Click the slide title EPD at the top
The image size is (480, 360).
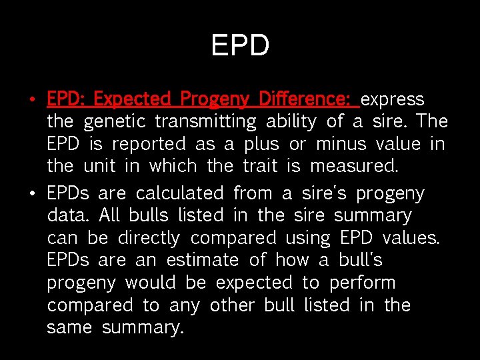[x=240, y=46]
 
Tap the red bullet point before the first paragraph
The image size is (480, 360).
[x=32, y=101]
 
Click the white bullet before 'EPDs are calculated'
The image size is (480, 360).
[x=32, y=195]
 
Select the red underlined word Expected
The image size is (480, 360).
[x=132, y=99]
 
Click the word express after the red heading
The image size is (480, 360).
[x=392, y=100]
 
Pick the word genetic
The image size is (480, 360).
[x=115, y=122]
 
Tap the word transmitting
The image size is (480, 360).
[x=205, y=122]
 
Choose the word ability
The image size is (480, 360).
[x=291, y=122]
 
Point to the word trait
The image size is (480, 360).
[x=259, y=165]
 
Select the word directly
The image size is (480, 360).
[x=149, y=238]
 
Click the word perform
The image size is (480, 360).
[x=363, y=283]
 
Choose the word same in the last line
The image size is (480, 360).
[x=69, y=328]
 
